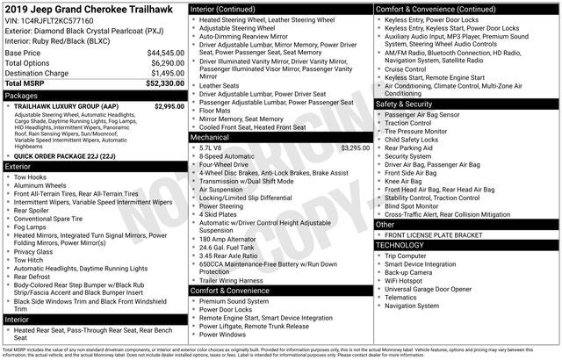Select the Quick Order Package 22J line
coord(66,155)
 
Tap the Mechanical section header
coord(210,138)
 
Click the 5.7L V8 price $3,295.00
coord(355,148)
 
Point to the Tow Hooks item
coord(31,176)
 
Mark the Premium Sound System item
coord(234,301)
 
